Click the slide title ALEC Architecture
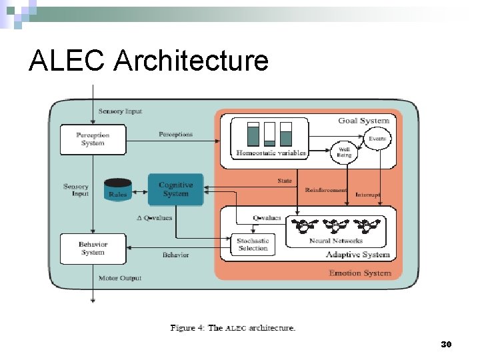point(149,61)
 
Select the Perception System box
point(93,139)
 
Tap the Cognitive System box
point(176,189)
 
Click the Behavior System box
point(93,248)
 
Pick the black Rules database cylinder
point(118,189)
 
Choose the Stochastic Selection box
point(253,245)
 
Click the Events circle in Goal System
point(378,139)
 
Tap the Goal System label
point(363,121)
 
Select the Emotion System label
point(361,273)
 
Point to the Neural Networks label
point(336,241)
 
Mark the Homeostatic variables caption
point(271,153)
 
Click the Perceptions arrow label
point(175,134)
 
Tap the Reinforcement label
point(326,190)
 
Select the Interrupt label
point(368,195)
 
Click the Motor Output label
point(120,277)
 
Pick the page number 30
point(446,344)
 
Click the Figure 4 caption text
point(233,327)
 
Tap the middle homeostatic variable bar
point(269,134)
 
